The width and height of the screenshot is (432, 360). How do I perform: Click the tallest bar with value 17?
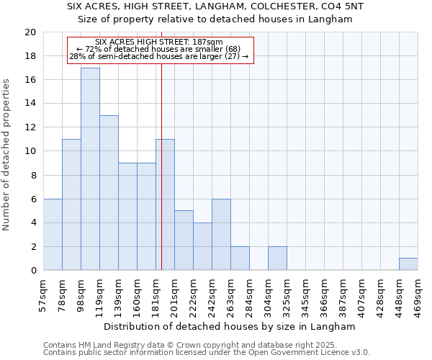click(x=90, y=169)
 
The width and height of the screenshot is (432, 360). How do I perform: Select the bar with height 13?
click(x=109, y=193)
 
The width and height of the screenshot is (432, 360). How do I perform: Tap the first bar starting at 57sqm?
click(x=53, y=235)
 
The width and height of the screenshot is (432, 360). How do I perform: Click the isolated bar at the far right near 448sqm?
click(x=408, y=264)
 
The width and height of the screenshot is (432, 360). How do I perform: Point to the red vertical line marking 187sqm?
click(x=161, y=166)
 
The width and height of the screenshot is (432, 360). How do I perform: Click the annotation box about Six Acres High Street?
click(x=161, y=50)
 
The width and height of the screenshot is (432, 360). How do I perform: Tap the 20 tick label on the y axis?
click(x=30, y=32)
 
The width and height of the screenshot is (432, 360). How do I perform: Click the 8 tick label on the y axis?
click(x=33, y=175)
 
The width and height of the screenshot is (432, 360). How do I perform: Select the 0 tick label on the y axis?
click(x=33, y=271)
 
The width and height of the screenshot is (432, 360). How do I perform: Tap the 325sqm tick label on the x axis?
click(x=287, y=295)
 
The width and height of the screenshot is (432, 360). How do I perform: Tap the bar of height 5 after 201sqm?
click(x=184, y=240)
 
